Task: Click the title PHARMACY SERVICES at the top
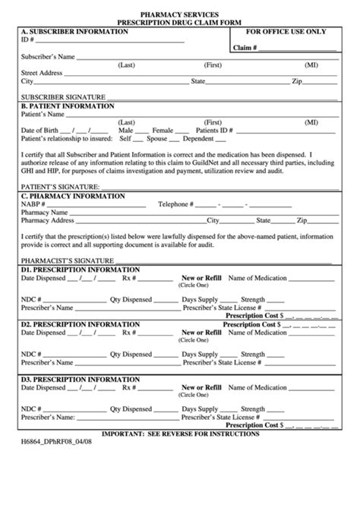[181, 14]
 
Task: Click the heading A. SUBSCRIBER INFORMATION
[74, 31]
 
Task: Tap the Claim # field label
[245, 47]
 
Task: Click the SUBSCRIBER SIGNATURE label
[63, 97]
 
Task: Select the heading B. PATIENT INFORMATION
[68, 106]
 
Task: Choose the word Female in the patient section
[163, 131]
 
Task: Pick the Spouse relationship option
[157, 139]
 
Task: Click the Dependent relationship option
[199, 139]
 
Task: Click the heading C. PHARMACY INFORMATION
[73, 196]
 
